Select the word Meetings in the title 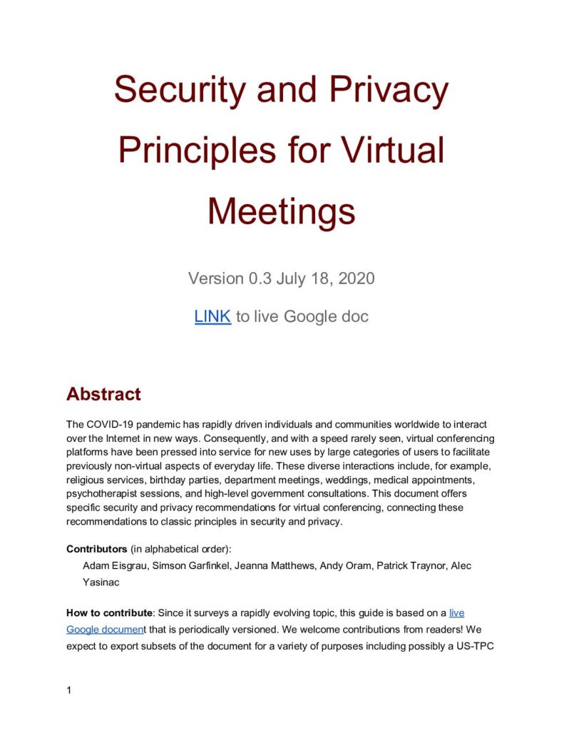(282, 211)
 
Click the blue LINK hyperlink (212, 316)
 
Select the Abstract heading (103, 394)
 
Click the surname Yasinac (103, 582)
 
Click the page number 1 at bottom (69, 690)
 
